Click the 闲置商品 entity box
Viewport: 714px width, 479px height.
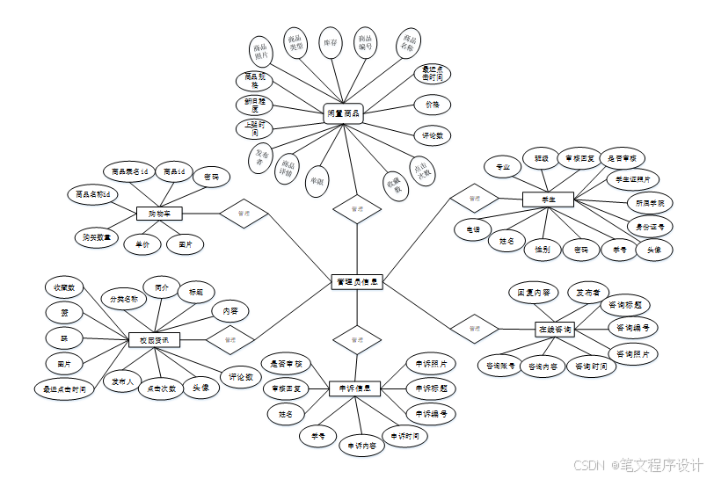343,113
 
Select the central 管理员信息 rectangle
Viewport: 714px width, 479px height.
356,282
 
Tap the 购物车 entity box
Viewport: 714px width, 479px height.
159,213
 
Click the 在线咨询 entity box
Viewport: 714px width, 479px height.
555,330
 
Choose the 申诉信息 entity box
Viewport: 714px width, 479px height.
354,388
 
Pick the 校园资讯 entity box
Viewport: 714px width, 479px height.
154,338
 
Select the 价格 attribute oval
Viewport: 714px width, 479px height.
432,104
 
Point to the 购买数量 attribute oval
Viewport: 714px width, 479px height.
96,236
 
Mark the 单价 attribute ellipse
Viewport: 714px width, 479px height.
142,243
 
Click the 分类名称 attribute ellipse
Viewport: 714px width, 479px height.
124,299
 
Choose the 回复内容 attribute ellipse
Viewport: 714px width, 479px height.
533,291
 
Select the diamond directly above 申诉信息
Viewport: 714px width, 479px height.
356,338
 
